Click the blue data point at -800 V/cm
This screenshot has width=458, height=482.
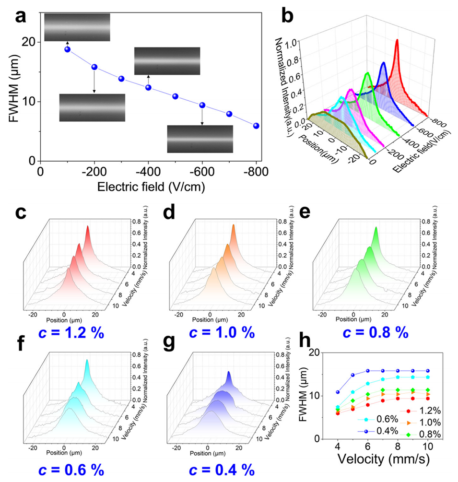(257, 126)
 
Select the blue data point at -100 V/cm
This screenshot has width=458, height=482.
(68, 49)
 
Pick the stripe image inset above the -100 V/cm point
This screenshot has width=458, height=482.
(77, 27)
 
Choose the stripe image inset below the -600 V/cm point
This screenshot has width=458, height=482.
(200, 139)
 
